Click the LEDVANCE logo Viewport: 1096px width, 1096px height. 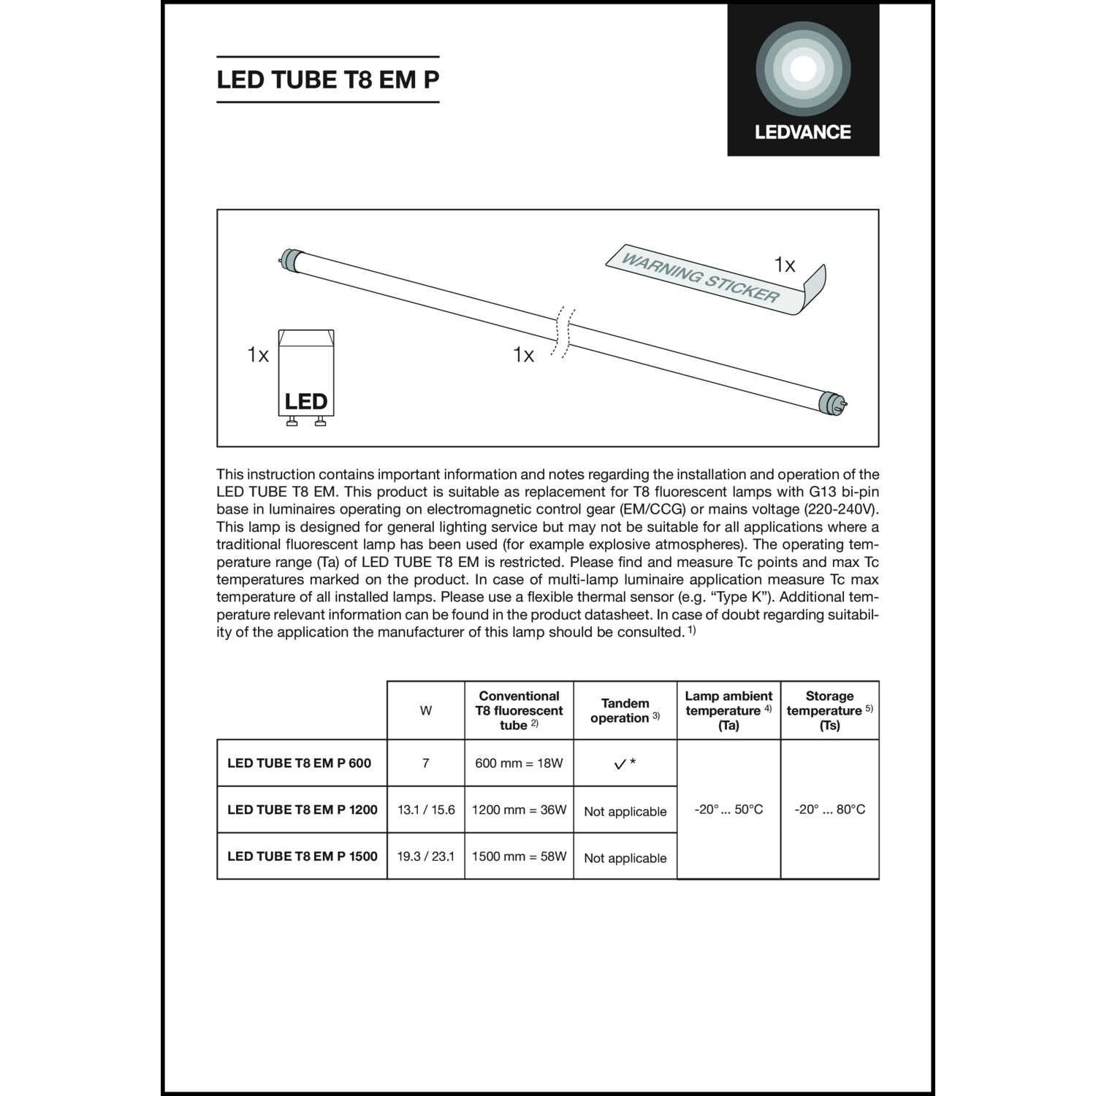(803, 80)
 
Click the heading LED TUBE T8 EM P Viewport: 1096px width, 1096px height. (328, 79)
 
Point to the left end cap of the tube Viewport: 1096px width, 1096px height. (290, 259)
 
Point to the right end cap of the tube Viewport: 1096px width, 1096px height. (831, 402)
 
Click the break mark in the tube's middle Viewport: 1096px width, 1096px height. (563, 332)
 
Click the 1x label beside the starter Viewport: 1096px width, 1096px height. (258, 355)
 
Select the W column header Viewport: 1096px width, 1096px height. (426, 710)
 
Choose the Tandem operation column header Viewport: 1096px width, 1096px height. (625, 710)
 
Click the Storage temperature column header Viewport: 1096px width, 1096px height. (829, 710)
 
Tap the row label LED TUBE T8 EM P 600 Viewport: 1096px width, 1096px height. (300, 763)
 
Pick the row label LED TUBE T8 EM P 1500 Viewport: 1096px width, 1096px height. (302, 856)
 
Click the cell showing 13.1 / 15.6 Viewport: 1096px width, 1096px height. (426, 810)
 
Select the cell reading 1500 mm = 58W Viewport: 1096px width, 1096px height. (519, 856)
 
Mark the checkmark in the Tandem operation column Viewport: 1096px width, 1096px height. (620, 764)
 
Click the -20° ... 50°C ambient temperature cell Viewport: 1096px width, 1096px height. (728, 809)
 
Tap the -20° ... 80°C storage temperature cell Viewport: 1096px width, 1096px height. (829, 809)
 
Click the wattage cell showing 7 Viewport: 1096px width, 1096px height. (426, 763)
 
